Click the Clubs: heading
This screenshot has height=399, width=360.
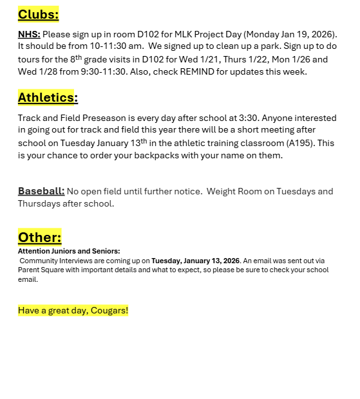pos(38,14)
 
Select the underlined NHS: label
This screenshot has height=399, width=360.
pos(29,34)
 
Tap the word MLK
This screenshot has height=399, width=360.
pos(209,34)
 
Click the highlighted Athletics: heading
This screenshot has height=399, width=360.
pos(48,98)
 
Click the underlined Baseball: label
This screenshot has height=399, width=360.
pos(41,191)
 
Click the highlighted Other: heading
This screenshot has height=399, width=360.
pos(39,237)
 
